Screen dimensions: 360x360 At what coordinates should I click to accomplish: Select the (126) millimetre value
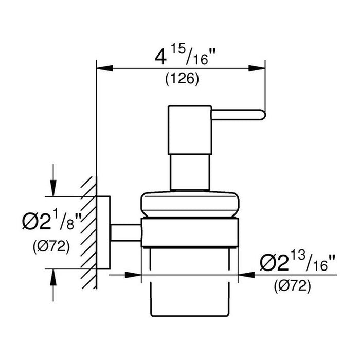pyautogui.click(x=182, y=79)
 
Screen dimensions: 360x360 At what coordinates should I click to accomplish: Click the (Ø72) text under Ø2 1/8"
pyautogui.click(x=51, y=246)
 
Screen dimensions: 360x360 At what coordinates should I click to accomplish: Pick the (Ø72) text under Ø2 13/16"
pyautogui.click(x=292, y=286)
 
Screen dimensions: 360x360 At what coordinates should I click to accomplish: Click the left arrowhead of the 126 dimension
pyautogui.click(x=105, y=68)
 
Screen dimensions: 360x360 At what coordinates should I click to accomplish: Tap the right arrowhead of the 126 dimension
pyautogui.click(x=257, y=68)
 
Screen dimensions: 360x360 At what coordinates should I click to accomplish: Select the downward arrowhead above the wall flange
pyautogui.click(x=53, y=188)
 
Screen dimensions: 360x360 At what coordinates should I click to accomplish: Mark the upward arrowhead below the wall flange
pyautogui.click(x=53, y=277)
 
